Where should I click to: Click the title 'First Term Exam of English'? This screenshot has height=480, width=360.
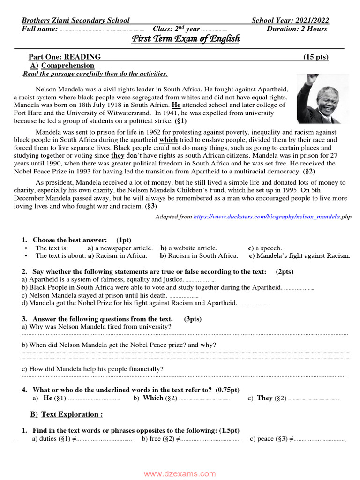[185, 39]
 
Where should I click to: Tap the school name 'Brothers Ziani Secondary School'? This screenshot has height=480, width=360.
[75, 20]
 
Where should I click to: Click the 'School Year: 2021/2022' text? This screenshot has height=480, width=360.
[290, 20]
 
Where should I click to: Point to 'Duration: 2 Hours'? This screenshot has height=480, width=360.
[297, 29]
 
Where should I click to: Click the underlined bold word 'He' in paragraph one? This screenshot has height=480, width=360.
[176, 105]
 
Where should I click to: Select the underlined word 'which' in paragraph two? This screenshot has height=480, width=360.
[168, 140]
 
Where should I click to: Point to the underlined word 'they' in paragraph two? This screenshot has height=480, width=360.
[118, 156]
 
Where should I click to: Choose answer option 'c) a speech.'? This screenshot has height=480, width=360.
[265, 248]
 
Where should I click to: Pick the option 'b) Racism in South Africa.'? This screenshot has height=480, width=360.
[199, 256]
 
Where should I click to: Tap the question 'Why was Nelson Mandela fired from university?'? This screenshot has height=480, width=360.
[97, 327]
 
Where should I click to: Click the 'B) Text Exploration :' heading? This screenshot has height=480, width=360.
[67, 414]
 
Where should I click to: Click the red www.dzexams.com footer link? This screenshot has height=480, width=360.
[180, 473]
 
